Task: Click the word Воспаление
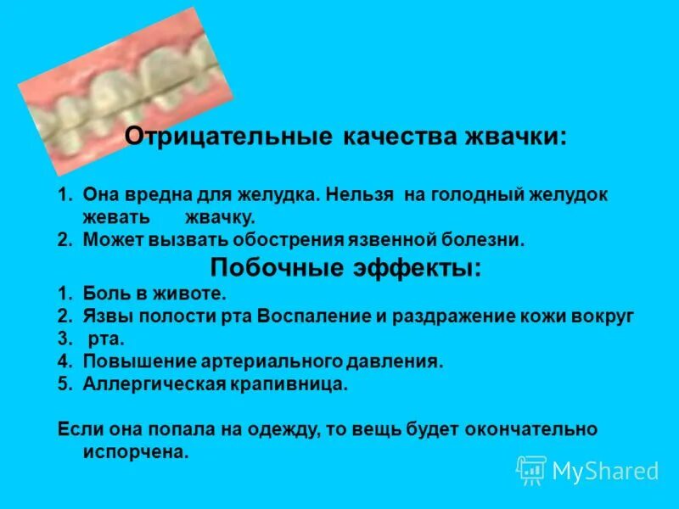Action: coord(317,316)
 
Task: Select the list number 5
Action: coord(63,383)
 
